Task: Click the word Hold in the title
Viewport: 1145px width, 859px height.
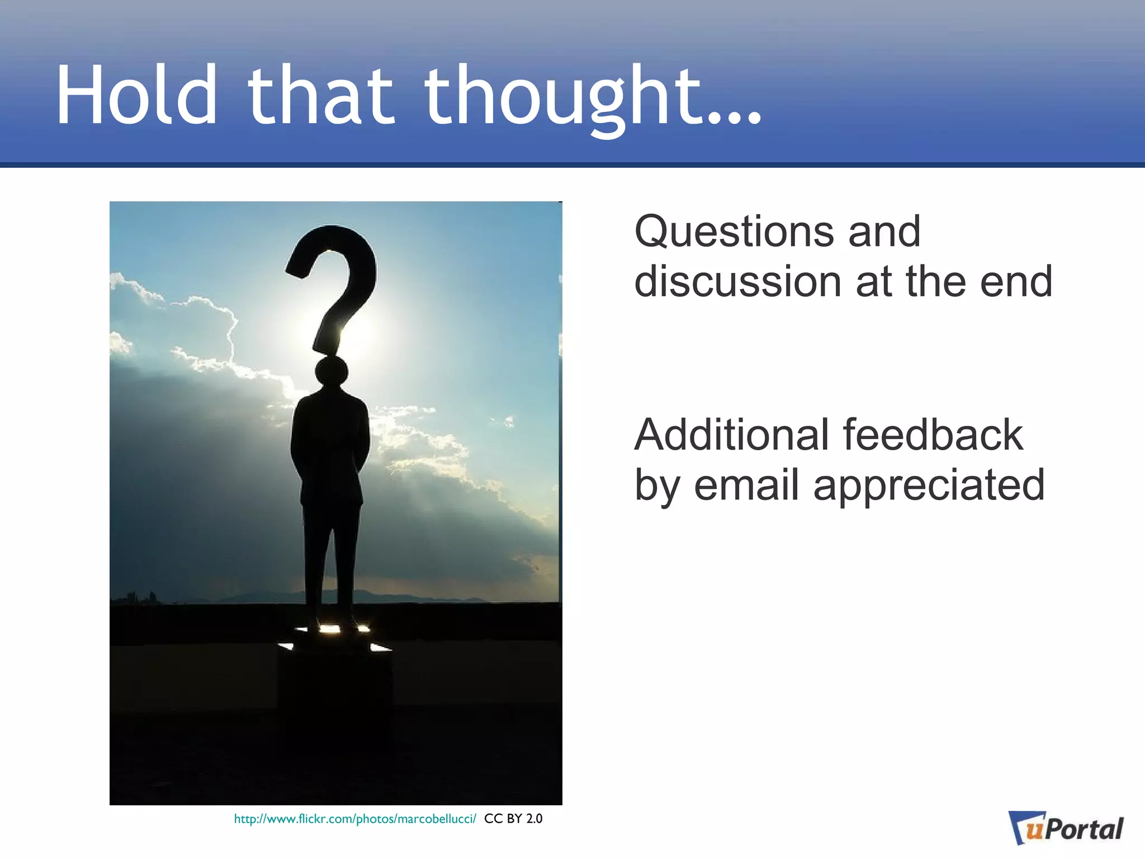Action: click(x=136, y=95)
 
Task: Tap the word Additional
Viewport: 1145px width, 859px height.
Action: click(x=731, y=435)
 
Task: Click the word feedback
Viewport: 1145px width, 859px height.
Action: click(x=933, y=435)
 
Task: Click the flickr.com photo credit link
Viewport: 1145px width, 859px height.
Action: click(x=354, y=819)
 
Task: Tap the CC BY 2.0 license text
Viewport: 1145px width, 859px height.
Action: click(x=513, y=819)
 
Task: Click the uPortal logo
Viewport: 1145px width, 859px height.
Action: click(x=1065, y=828)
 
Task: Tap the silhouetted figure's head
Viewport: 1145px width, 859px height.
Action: click(x=331, y=371)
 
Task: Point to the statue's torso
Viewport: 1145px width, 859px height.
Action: click(x=330, y=442)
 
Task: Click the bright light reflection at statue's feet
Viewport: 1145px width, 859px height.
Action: click(x=329, y=629)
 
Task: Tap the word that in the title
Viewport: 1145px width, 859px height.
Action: click(x=321, y=95)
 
